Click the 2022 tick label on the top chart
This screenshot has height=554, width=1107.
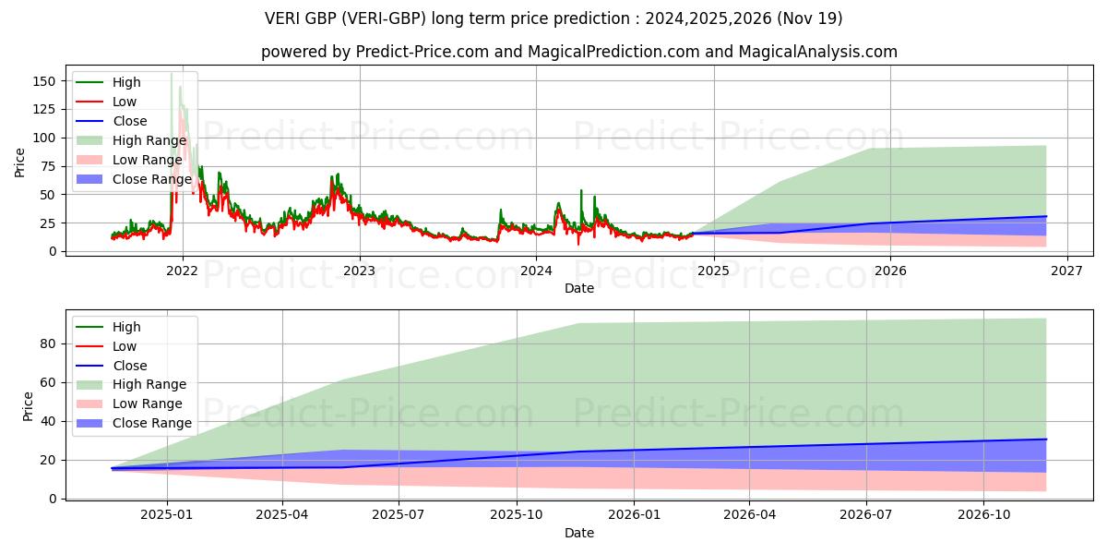tap(182, 271)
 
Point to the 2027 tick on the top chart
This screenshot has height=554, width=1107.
tap(1067, 271)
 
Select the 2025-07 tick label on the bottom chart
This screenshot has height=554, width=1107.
tap(399, 515)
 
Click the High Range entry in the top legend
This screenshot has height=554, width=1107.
tap(149, 140)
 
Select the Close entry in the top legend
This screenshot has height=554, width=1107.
tap(130, 121)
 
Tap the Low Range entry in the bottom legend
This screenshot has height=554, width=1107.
tap(148, 403)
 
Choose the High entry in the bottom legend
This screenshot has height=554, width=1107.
tap(126, 327)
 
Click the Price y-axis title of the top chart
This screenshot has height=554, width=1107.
tap(20, 163)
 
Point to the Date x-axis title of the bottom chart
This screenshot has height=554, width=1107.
tap(578, 534)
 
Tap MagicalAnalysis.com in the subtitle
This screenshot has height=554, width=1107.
tap(817, 52)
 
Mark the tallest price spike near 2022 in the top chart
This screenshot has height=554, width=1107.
tap(172, 74)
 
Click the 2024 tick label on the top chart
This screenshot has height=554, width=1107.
tap(536, 271)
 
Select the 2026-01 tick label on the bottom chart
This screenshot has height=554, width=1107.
tap(637, 515)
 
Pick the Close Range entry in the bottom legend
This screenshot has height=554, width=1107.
tap(151, 423)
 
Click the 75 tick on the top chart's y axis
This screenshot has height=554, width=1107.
tap(50, 166)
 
